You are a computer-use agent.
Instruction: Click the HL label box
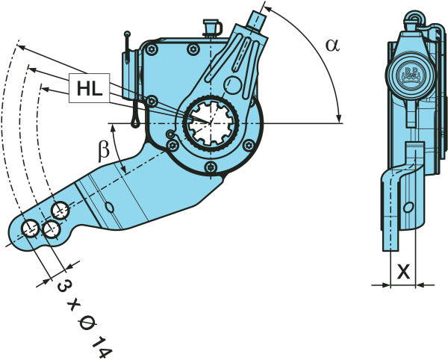coord(88,89)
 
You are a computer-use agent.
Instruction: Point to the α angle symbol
coord(332,45)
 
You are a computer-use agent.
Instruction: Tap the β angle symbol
coord(105,149)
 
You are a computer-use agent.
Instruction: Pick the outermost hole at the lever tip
coord(31,228)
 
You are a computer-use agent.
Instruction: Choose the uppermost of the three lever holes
coord(60,209)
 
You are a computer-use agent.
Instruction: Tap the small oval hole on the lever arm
coord(111,207)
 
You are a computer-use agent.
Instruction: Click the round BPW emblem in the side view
coord(409,73)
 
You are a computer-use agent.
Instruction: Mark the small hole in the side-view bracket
coord(408,207)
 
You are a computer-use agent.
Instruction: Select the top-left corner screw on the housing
coord(152,49)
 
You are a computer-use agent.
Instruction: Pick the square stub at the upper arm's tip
coord(258,17)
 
